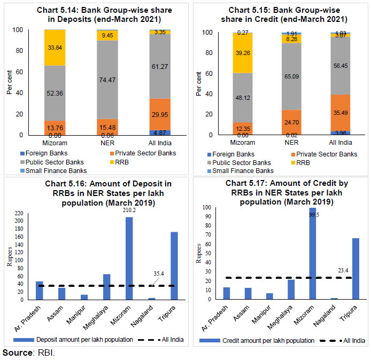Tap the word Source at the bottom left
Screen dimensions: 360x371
15,353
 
